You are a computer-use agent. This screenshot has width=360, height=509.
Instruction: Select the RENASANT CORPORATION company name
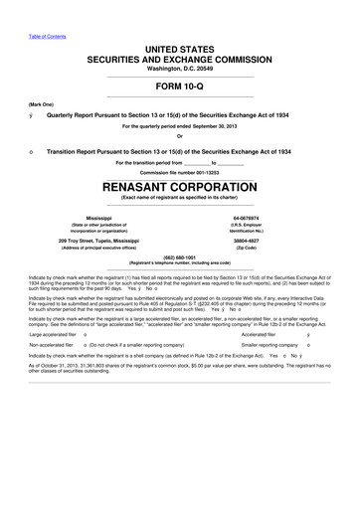180,184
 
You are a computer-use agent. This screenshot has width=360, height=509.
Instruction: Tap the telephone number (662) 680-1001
180,265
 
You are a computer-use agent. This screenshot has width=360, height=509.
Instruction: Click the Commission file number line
180,171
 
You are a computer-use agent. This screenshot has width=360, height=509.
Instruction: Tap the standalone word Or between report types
180,138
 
